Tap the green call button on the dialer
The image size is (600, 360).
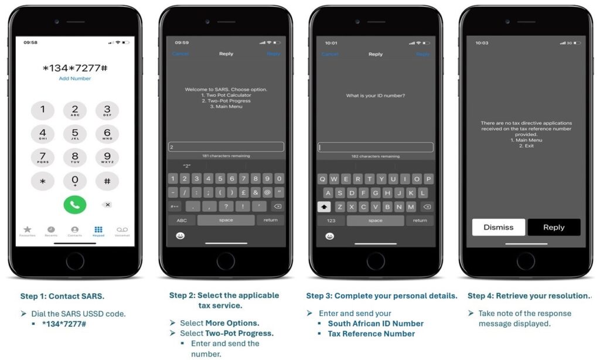75,204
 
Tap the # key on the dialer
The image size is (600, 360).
107,181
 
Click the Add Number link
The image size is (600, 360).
75,79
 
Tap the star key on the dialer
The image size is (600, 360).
43,181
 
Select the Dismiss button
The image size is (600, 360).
498,227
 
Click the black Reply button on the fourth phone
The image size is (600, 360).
554,227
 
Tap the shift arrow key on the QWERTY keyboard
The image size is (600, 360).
323,207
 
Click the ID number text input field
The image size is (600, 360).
376,148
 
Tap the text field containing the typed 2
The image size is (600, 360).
226,147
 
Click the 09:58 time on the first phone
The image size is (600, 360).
30,43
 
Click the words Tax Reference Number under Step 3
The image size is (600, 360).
371,334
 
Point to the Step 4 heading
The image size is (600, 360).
529,296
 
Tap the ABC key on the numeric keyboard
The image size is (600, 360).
182,220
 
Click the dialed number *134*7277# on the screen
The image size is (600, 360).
75,68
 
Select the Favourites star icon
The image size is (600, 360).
27,229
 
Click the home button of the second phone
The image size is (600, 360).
226,260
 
